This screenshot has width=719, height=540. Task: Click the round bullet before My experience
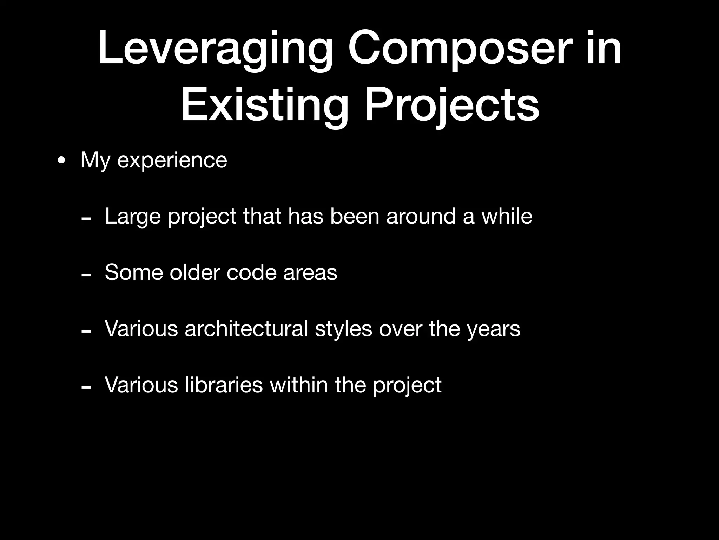pyautogui.click(x=61, y=161)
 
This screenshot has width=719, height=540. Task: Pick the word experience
pyautogui.click(x=172, y=161)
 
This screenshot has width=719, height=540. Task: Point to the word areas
pyautogui.click(x=310, y=273)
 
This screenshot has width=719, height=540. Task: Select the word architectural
pyautogui.click(x=246, y=329)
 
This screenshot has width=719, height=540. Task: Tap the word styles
pyautogui.click(x=343, y=329)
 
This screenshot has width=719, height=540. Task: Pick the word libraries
pyautogui.click(x=223, y=385)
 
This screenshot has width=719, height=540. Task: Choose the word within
pyautogui.click(x=299, y=385)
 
